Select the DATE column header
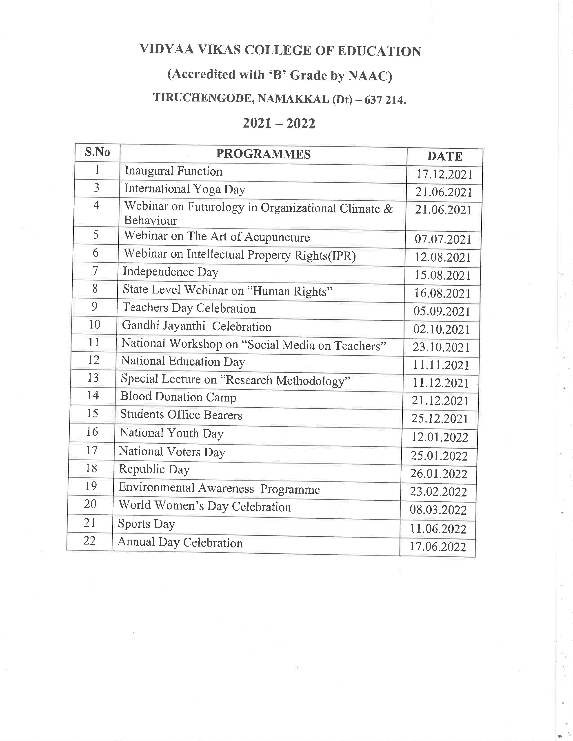pos(445,157)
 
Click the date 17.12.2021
pos(444,174)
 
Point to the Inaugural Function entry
pos(173,171)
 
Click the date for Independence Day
pos(442,275)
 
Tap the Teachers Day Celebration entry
pos(189,308)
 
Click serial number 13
pos(93,378)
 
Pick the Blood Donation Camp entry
pos(178,397)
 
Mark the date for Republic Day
pos(439,474)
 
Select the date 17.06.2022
pos(438,547)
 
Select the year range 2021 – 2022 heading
pos(279,123)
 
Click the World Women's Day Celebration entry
pos(205,507)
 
